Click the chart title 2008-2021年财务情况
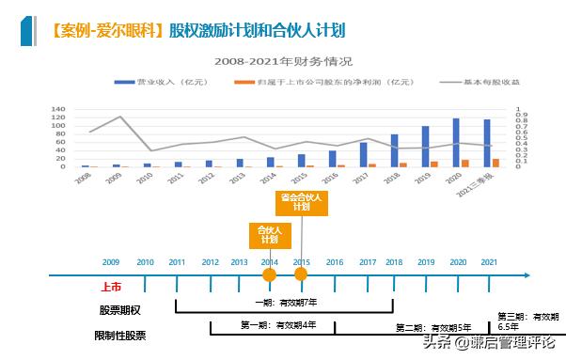click(282, 62)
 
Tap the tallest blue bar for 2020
click(456, 142)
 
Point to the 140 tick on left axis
click(58, 108)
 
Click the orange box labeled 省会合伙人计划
click(302, 203)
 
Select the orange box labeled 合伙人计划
click(269, 234)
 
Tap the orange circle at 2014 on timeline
click(269, 274)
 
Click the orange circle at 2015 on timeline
click(301, 274)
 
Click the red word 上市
click(110, 290)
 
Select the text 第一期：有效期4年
click(277, 324)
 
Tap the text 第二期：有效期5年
click(432, 327)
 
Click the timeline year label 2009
click(111, 260)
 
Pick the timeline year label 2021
click(489, 260)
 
